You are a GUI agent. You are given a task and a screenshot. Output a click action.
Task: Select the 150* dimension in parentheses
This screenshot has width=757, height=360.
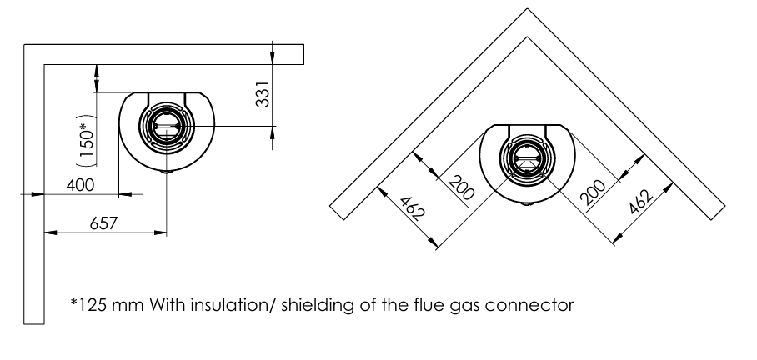pos(87,141)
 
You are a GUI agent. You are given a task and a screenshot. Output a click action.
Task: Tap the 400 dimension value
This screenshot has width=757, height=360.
pos(80,184)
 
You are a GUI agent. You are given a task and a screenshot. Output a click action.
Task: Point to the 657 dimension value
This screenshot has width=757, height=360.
pos(103,223)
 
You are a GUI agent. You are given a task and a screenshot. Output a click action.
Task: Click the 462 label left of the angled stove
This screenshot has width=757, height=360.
pos(412,208)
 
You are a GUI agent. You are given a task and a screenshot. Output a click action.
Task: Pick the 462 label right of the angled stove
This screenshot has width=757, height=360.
pos(641,201)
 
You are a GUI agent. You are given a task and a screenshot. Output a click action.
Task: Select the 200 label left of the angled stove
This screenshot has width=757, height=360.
pos(461,188)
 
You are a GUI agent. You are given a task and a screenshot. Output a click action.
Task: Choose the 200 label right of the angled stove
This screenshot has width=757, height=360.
pos(593,192)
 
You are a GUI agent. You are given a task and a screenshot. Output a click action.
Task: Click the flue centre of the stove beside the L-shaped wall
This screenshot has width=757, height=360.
pos(167,126)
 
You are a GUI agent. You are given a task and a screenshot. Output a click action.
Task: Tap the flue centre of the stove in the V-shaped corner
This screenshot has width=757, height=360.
pos(527,157)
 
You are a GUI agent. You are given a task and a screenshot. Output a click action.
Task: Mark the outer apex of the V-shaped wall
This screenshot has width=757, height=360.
pos(527,8)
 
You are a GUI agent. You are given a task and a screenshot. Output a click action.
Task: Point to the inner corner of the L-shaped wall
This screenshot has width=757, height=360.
pos(44,65)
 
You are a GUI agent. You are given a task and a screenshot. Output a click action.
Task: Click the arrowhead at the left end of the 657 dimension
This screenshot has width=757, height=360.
pos(50,232)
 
